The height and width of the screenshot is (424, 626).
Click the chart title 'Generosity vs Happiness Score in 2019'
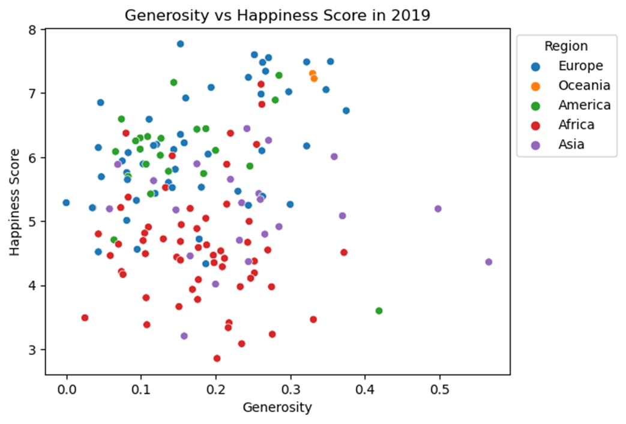(x=277, y=16)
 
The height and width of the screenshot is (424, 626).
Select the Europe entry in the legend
(x=580, y=65)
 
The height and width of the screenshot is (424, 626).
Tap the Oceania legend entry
(x=584, y=85)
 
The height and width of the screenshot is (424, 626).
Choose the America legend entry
(x=584, y=105)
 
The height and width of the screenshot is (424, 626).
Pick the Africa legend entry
(x=576, y=125)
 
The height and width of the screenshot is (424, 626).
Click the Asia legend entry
(x=571, y=144)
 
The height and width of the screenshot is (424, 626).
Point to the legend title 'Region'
(x=566, y=46)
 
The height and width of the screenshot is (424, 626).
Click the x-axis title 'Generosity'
(x=277, y=408)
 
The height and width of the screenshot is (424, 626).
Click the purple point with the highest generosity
(x=489, y=262)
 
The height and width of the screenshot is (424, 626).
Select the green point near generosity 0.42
(x=379, y=311)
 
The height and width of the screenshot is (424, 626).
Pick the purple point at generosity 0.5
(x=438, y=209)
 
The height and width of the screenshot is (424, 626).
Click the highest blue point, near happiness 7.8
(x=180, y=44)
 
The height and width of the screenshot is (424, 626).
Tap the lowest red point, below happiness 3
(x=217, y=358)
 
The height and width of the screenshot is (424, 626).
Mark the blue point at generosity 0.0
(x=66, y=203)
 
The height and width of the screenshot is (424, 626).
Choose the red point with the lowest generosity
(x=85, y=317)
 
